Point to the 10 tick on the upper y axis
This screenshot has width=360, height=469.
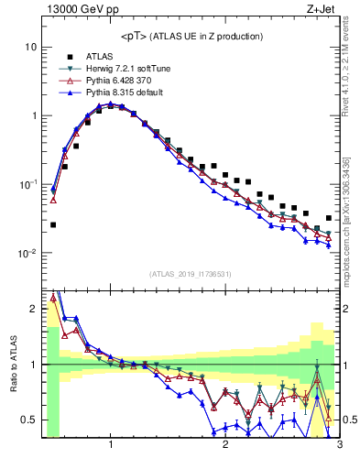pyautogui.click(x=30, y=47)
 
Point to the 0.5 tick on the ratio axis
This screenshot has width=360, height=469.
pyautogui.click(x=28, y=420)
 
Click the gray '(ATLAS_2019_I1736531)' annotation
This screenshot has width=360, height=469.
pyautogui.click(x=191, y=274)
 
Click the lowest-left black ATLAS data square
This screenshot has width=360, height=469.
pyautogui.click(x=53, y=224)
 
